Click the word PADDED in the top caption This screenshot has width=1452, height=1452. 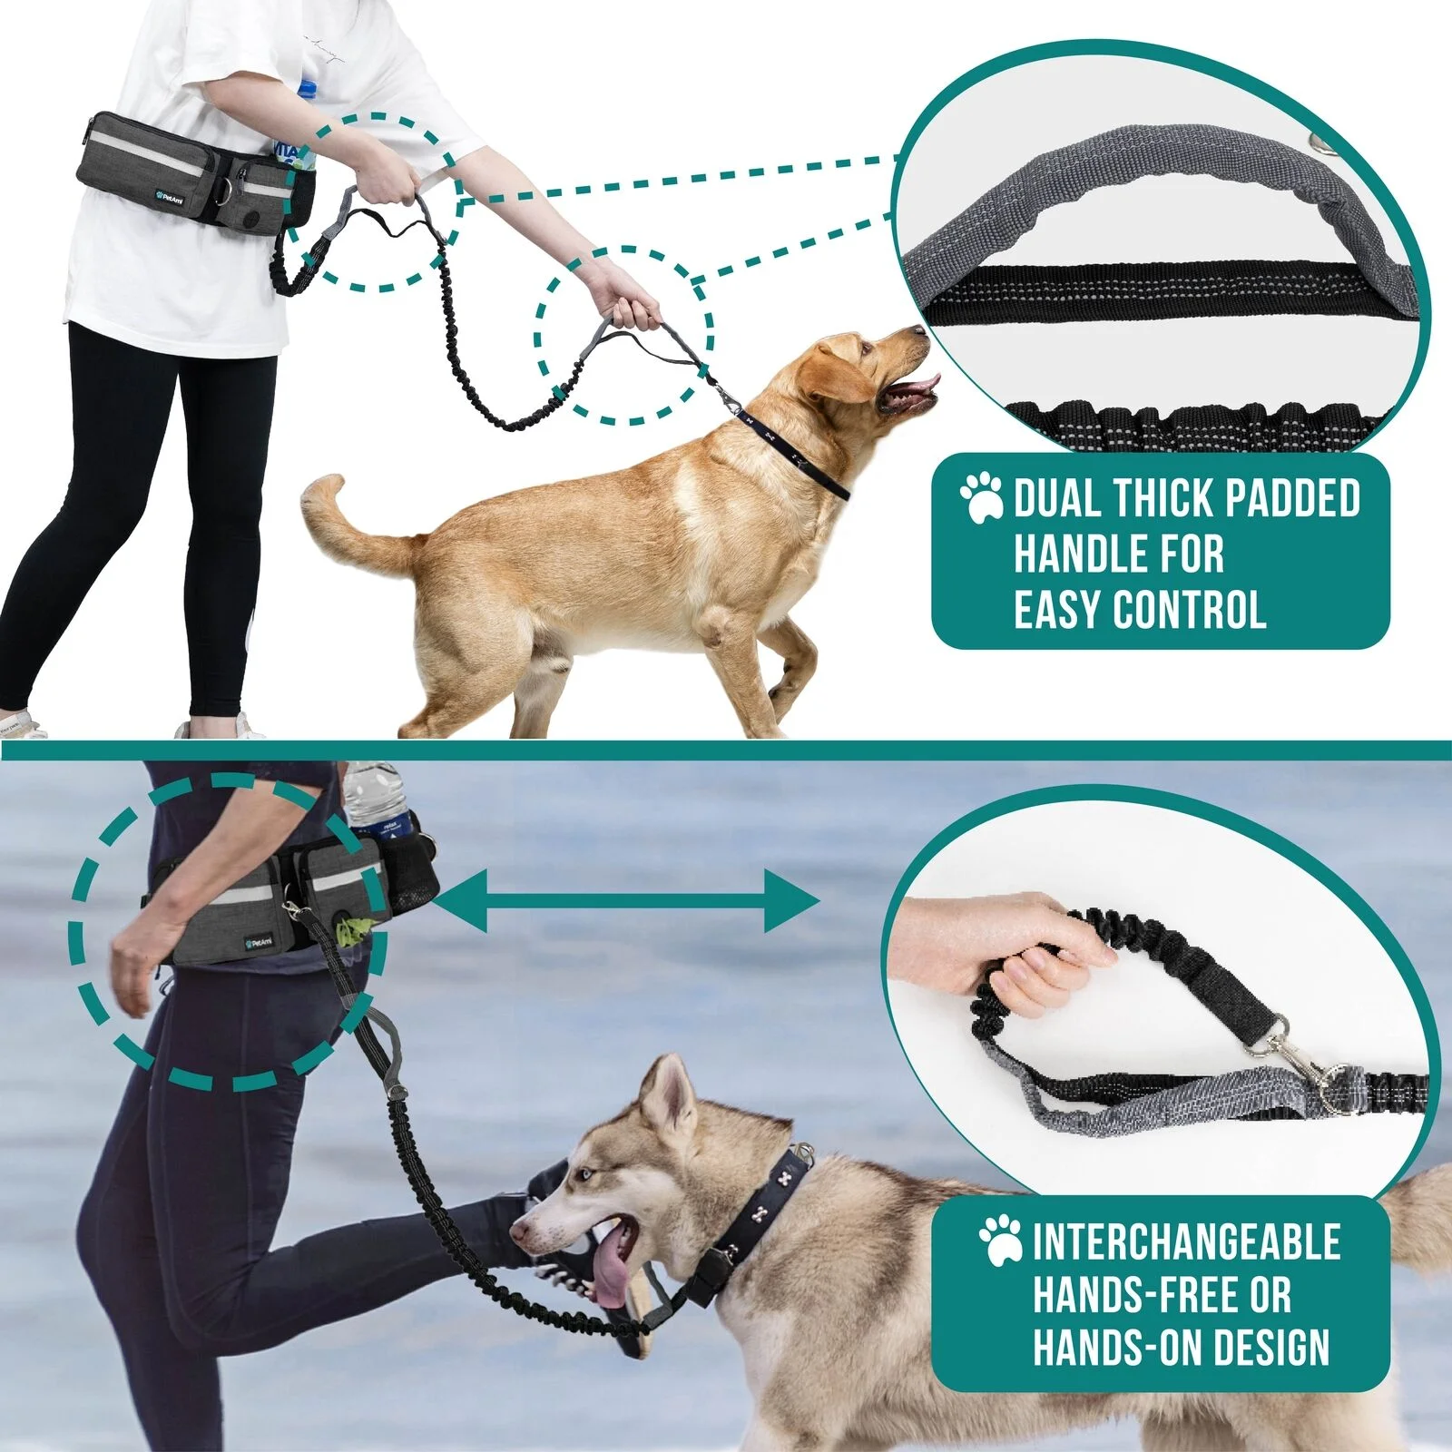coord(1292,499)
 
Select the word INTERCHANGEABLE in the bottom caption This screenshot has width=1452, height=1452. coord(1186,1241)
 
